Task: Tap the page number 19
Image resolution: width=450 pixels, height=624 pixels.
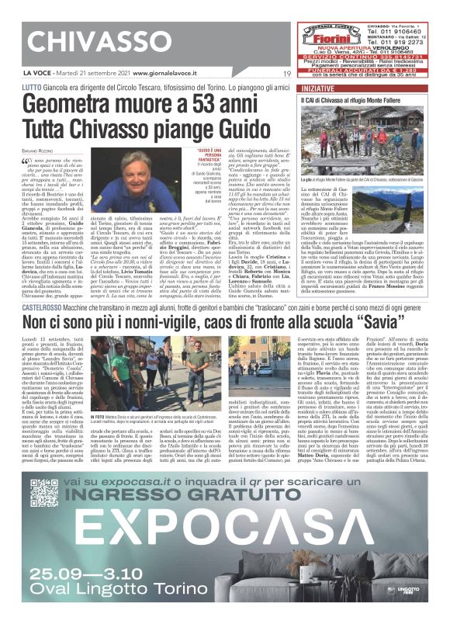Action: tap(286, 75)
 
